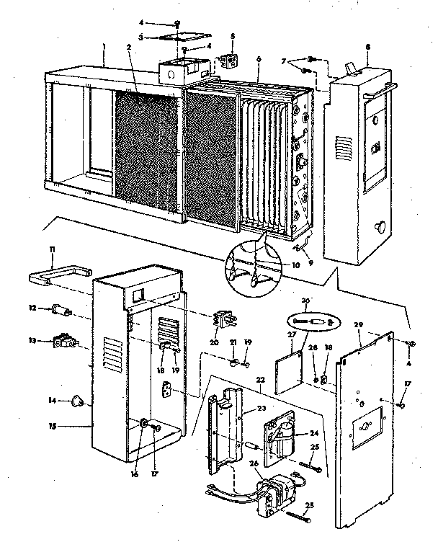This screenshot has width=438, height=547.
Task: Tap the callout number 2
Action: pyautogui.click(x=128, y=48)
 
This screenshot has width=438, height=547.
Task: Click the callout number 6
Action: pyautogui.click(x=258, y=58)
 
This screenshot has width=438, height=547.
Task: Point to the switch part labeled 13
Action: pyautogui.click(x=62, y=341)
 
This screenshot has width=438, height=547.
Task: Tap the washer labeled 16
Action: pyautogui.click(x=144, y=424)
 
